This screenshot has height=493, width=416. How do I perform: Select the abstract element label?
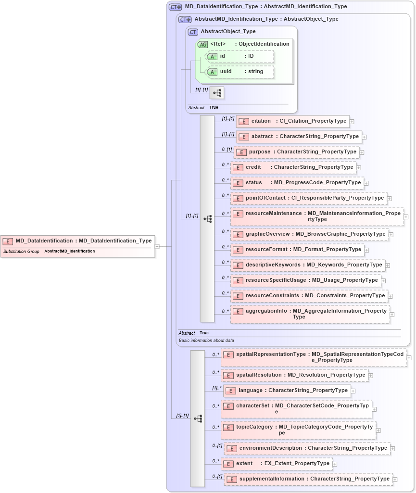[x=262, y=137]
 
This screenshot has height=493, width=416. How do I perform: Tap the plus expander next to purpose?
[x=362, y=152]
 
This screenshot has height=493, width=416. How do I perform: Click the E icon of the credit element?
[x=238, y=168]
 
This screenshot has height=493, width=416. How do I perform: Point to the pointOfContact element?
[x=308, y=198]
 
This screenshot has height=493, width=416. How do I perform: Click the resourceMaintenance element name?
[x=273, y=213]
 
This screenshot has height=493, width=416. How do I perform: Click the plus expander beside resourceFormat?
[x=366, y=250]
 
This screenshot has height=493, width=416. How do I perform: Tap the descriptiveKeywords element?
[x=308, y=265]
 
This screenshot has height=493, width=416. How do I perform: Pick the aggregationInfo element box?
[x=310, y=314]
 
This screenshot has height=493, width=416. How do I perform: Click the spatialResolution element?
[x=294, y=375]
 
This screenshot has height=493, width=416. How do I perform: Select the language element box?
[x=287, y=391]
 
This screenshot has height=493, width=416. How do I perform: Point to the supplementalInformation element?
[x=308, y=479]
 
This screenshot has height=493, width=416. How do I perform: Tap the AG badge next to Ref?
[x=202, y=44]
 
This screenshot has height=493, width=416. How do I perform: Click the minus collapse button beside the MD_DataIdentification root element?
[x=157, y=246]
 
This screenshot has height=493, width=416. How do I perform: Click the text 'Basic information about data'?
[x=206, y=340]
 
